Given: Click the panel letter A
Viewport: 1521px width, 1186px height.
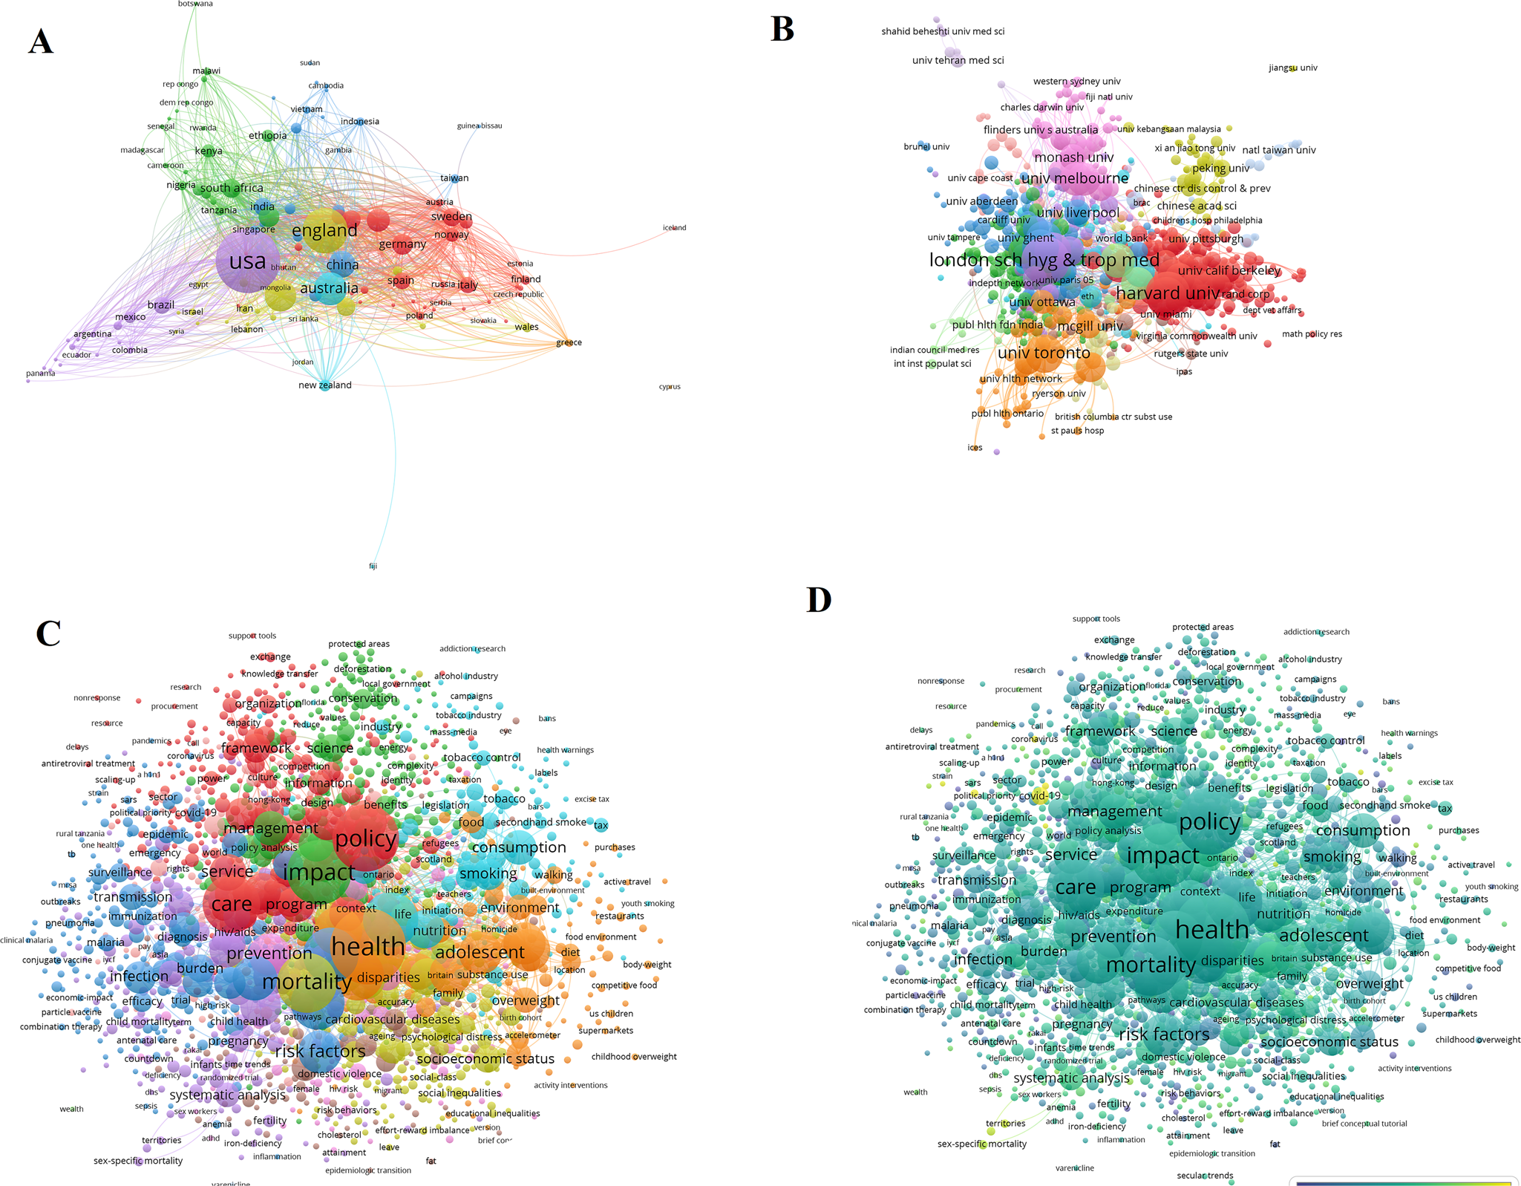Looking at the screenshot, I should (41, 42).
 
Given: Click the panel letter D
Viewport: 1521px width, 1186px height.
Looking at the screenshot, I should (819, 599).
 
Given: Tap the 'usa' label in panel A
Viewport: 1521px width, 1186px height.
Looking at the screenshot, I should (247, 261).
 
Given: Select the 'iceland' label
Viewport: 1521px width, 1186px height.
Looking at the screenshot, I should (674, 228).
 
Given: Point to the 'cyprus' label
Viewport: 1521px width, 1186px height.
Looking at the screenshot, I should (670, 387).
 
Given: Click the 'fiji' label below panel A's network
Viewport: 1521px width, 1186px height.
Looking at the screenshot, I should (373, 566).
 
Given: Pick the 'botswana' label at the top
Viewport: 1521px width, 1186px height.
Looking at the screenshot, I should (195, 4).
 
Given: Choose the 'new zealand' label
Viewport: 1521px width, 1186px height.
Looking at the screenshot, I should (325, 385).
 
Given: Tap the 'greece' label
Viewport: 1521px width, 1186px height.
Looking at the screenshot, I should (569, 342).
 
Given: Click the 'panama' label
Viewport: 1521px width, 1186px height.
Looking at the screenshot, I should (40, 373).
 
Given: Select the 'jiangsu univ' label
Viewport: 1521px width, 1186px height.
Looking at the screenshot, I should (1293, 68).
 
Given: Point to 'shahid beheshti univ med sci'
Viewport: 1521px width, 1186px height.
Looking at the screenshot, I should (943, 31).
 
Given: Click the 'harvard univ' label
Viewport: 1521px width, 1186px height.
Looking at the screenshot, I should (1168, 293).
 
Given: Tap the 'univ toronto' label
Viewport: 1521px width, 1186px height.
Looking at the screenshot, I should (1044, 353).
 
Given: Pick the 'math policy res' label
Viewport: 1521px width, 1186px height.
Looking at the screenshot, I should (1312, 334).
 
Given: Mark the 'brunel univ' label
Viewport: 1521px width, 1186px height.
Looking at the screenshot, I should (926, 146).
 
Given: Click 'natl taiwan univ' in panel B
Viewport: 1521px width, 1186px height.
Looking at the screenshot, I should (1278, 150).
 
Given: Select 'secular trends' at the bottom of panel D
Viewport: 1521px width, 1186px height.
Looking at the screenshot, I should (1205, 1175).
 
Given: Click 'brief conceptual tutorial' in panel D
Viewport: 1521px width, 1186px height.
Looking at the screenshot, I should (1364, 1124).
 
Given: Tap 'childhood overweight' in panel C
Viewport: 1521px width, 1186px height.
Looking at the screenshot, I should (634, 1057).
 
